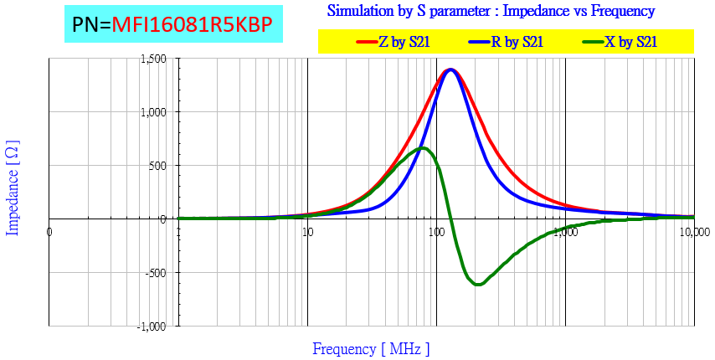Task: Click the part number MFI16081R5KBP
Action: click(193, 25)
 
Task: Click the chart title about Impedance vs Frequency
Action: click(491, 11)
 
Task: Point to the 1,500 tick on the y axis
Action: click(153, 59)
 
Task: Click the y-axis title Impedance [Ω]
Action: click(13, 187)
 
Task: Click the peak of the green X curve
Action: click(424, 148)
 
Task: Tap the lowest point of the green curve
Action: click(478, 285)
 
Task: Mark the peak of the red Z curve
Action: click(451, 69)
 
